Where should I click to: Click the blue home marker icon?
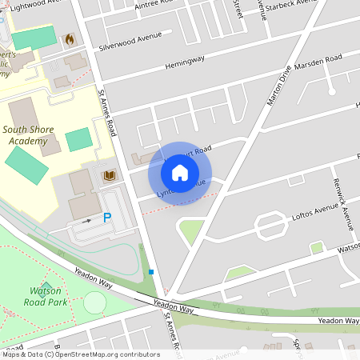point(180,171)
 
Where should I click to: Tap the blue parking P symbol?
point(107,218)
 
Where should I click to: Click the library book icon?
point(109,174)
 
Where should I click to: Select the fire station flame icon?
point(70,38)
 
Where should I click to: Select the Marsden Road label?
point(318,62)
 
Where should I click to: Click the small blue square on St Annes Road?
point(150,273)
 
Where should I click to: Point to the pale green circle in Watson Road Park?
point(94,302)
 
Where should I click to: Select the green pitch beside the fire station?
point(34,37)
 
